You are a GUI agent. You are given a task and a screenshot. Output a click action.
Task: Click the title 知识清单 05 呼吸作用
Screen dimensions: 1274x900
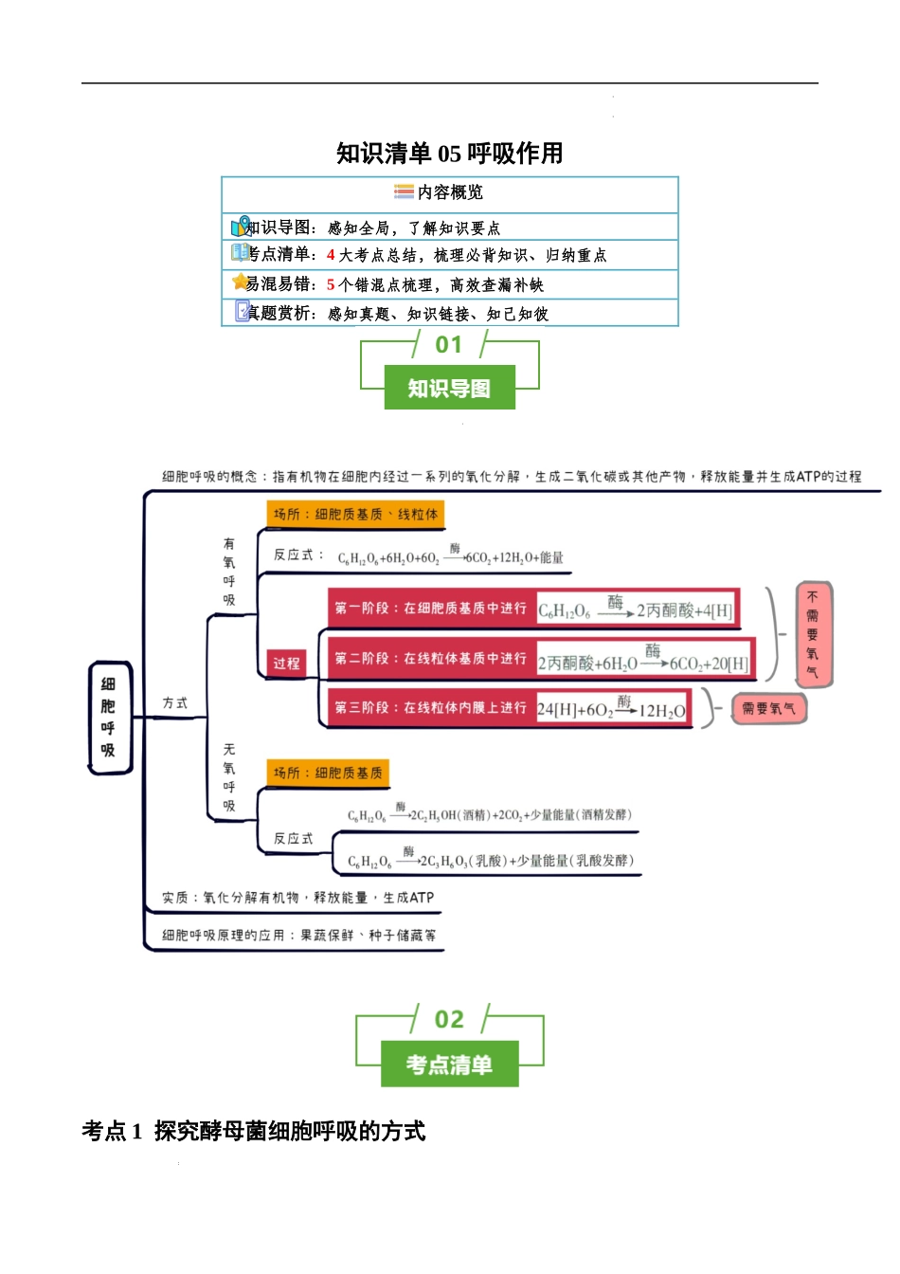(x=450, y=154)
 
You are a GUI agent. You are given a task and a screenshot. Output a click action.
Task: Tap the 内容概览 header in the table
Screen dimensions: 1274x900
(x=450, y=192)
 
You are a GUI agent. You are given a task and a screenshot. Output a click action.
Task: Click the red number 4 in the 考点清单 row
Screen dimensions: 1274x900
(x=331, y=255)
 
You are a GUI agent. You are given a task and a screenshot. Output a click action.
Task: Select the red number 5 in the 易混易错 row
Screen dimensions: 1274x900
(x=331, y=284)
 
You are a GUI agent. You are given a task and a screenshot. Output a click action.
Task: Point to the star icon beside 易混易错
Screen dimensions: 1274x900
(x=240, y=282)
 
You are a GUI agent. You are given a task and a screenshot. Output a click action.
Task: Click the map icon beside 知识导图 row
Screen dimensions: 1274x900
(x=241, y=227)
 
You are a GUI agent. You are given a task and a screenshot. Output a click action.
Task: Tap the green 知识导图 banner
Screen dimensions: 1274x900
(x=450, y=388)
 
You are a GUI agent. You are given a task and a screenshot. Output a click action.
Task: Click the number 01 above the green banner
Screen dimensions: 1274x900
(x=449, y=345)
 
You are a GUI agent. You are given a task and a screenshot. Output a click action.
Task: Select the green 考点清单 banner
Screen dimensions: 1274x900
(x=450, y=1065)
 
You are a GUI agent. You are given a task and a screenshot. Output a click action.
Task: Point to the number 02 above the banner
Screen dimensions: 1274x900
(x=449, y=1020)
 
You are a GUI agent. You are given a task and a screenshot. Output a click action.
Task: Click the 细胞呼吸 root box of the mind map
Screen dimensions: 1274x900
(x=109, y=718)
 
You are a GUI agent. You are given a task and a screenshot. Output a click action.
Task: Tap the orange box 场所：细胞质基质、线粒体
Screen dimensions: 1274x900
(x=356, y=515)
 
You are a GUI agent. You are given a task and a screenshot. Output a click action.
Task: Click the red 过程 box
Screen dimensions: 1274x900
(x=286, y=663)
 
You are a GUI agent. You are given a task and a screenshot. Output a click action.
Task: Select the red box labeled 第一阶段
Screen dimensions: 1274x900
(x=431, y=609)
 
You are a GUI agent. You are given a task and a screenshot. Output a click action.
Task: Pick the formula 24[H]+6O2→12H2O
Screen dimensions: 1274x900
(x=612, y=709)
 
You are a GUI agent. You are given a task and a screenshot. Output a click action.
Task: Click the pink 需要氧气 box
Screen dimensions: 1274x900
(x=768, y=709)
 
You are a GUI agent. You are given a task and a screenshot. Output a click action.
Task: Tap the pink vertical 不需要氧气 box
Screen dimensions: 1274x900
(x=813, y=634)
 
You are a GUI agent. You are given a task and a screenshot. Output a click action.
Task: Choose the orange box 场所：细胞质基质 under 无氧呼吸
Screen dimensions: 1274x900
(x=328, y=773)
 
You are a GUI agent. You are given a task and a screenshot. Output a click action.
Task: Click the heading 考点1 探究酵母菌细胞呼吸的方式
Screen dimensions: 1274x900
(x=254, y=1131)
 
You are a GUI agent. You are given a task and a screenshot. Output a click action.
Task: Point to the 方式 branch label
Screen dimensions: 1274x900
(x=175, y=703)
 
